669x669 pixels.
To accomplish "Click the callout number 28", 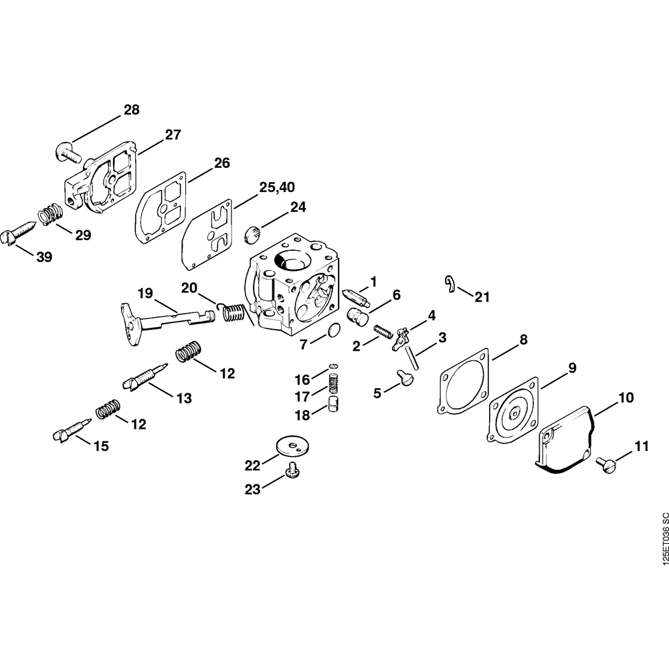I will point(132,110).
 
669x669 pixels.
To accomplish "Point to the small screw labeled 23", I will point(292,472).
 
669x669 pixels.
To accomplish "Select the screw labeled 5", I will point(405,379).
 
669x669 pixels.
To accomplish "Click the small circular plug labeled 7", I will point(336,331).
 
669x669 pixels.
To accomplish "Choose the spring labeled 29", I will point(50,215).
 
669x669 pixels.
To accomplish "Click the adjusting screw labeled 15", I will point(70,429).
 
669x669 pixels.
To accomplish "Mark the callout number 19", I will point(145,293).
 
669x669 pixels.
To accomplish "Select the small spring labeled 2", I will point(382,332).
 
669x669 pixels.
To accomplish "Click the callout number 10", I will point(626,397).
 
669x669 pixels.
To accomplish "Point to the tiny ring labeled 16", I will point(332,367).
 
